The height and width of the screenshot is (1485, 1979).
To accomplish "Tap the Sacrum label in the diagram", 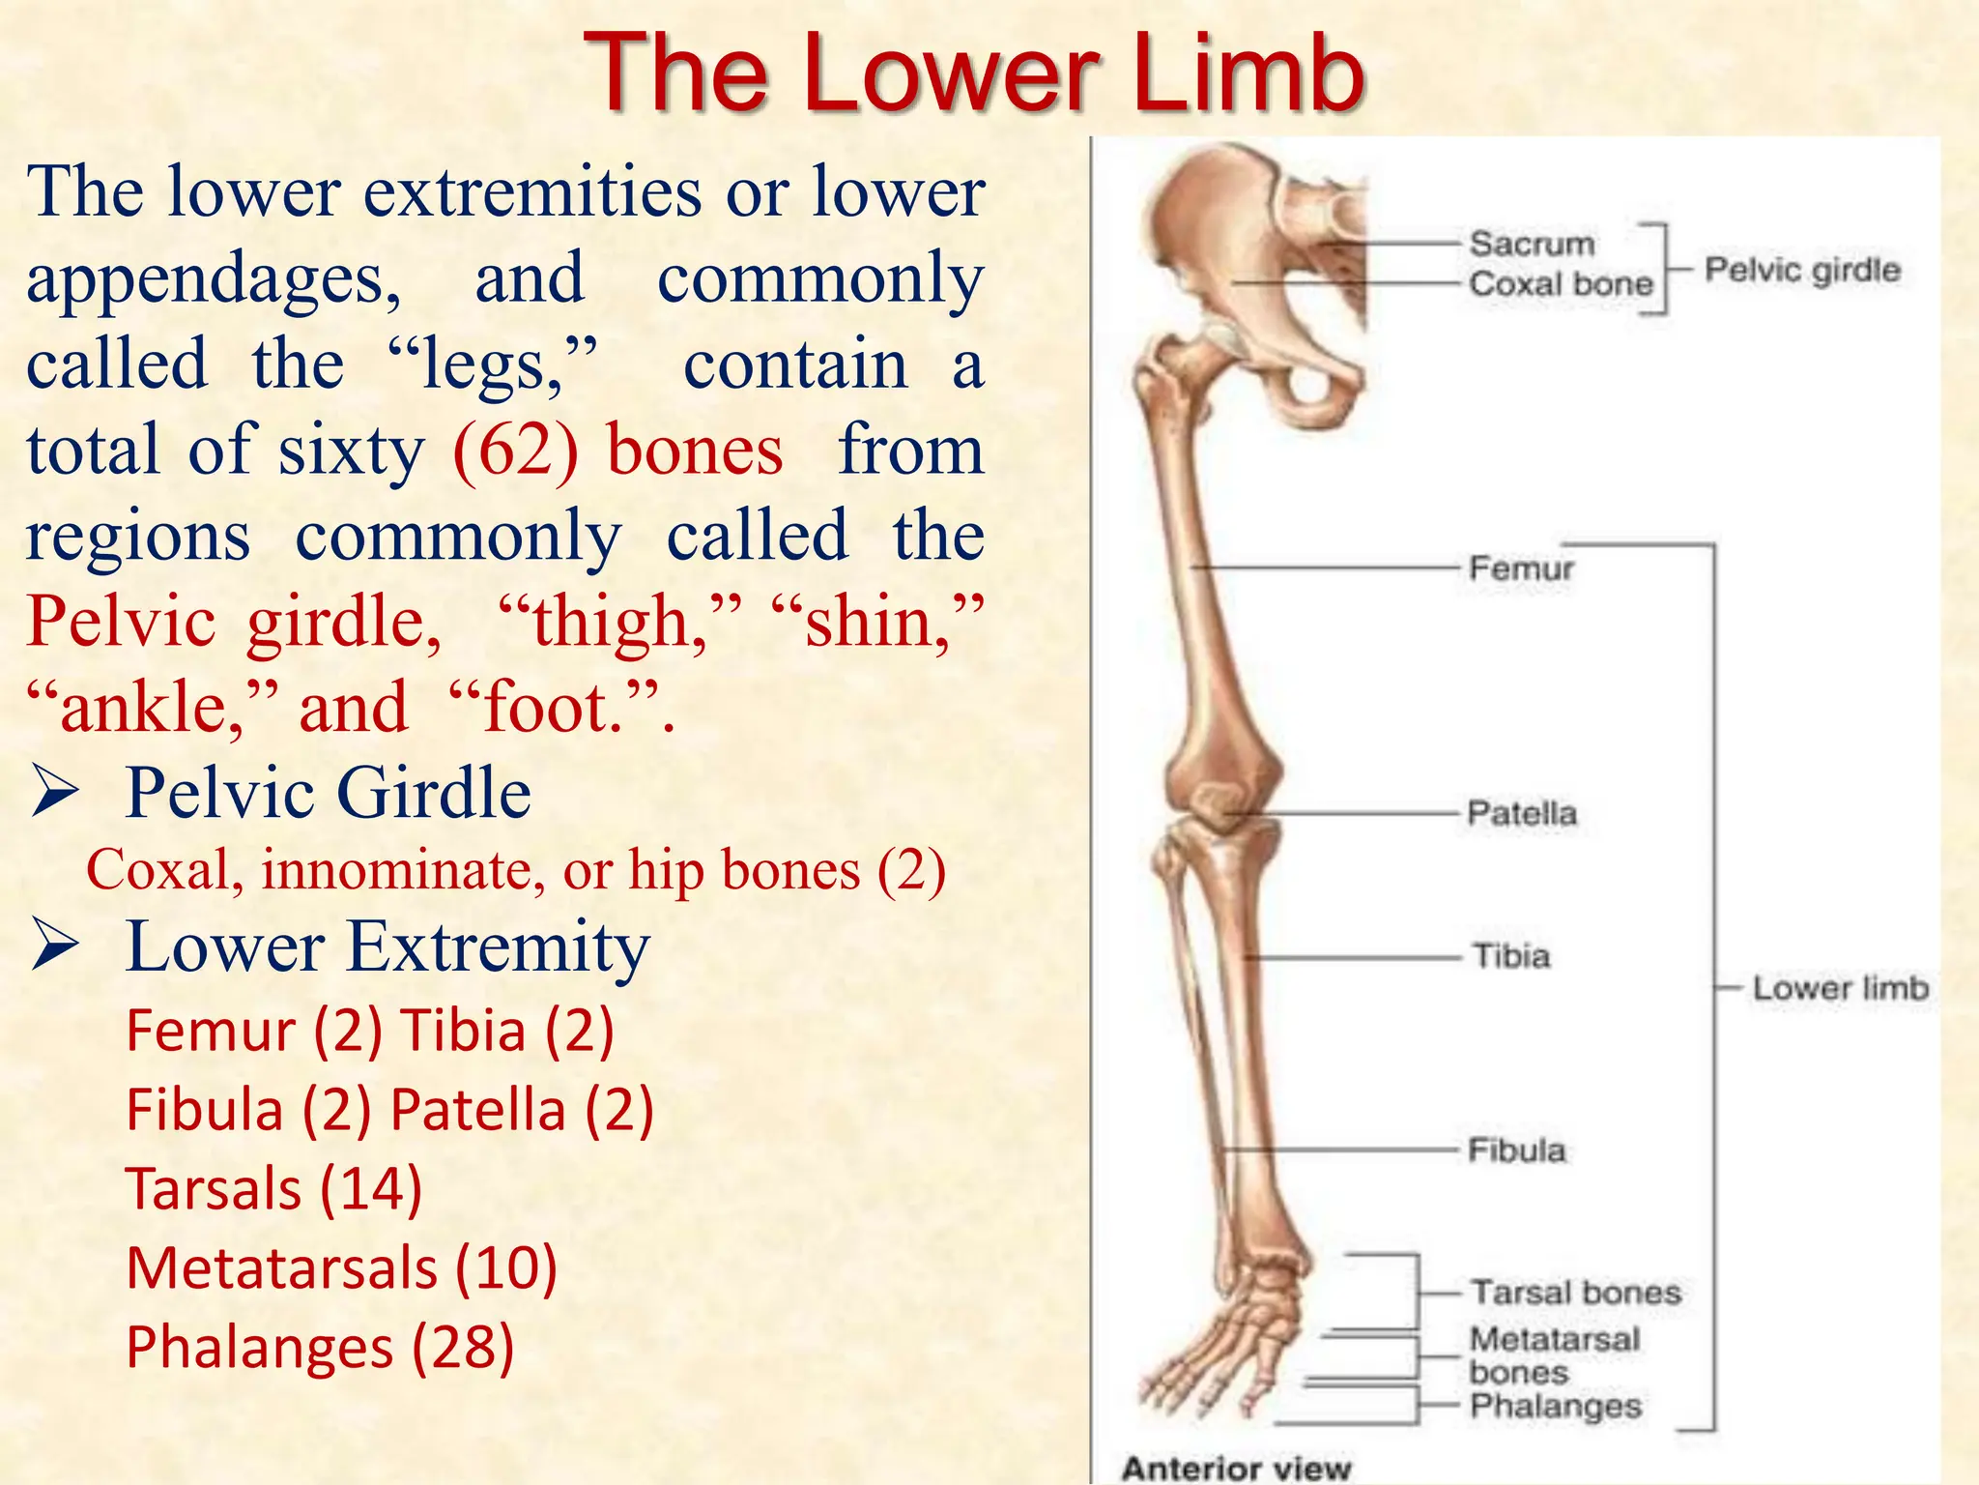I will click(x=1532, y=244).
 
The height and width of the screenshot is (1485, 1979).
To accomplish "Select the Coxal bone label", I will click(x=1561, y=284).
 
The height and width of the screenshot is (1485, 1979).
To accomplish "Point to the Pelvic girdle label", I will click(x=1802, y=270).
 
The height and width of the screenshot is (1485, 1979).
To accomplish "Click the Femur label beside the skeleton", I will click(x=1521, y=568).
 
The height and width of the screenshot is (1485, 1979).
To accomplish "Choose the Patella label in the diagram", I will click(x=1522, y=813).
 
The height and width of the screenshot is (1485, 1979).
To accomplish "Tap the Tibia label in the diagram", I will click(x=1511, y=956).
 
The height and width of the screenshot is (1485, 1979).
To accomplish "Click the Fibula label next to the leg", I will click(x=1516, y=1150).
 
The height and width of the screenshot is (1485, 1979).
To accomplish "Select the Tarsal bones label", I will click(x=1575, y=1293).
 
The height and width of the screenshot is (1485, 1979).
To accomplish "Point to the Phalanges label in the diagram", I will click(x=1556, y=1406).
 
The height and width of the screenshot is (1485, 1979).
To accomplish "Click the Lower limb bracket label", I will click(x=1840, y=988).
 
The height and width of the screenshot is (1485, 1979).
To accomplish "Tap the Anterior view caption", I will click(x=1236, y=1469).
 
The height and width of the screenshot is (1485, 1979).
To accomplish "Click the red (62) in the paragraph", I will click(x=515, y=451).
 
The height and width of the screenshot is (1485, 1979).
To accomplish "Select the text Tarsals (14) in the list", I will click(x=274, y=1188).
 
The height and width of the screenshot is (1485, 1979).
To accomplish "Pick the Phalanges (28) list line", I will click(x=320, y=1347).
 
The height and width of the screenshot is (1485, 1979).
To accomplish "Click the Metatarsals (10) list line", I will click(x=342, y=1267).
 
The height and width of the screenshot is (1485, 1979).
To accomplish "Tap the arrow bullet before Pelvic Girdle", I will click(x=55, y=792).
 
